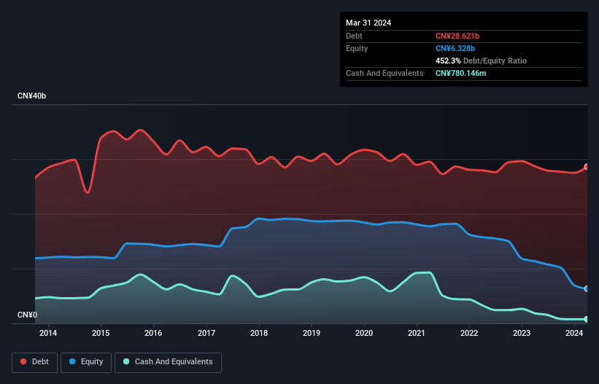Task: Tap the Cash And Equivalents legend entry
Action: tap(167, 361)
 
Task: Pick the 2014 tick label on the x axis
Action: tap(48, 334)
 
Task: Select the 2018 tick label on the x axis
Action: tap(258, 334)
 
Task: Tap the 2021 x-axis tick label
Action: tap(417, 334)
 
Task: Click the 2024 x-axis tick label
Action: tap(574, 334)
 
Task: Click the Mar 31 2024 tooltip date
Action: tap(368, 23)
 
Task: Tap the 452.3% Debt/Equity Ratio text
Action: tap(481, 61)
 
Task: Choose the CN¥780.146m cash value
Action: tap(465, 73)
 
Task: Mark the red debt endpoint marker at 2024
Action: tap(587, 166)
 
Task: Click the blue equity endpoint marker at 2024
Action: tap(587, 289)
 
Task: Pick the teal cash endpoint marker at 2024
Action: tap(587, 319)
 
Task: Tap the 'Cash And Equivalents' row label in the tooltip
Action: tap(384, 73)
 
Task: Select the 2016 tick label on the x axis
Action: tap(153, 334)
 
